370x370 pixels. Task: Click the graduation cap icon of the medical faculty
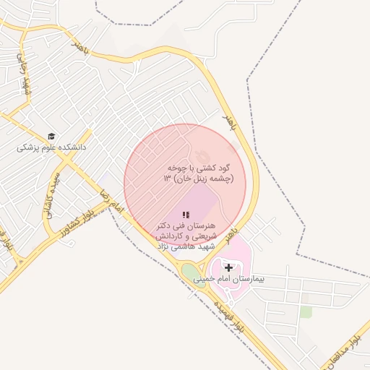click(51, 136)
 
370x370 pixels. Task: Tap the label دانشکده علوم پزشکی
click(51, 147)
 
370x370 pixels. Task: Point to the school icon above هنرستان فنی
click(186, 215)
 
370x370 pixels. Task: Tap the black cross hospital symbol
click(228, 267)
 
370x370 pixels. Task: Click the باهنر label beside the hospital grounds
click(230, 233)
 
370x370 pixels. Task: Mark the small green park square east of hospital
click(306, 311)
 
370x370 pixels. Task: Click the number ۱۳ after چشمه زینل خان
click(168, 178)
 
